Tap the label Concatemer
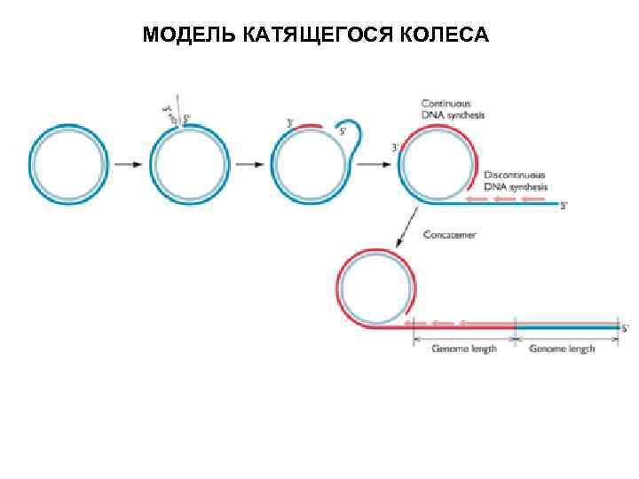click(449, 235)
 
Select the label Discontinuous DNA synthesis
click(515, 181)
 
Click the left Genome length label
click(464, 349)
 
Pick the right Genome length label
click(562, 349)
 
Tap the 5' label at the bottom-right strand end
click(625, 328)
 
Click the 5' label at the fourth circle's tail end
click(564, 205)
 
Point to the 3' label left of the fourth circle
click(395, 148)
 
